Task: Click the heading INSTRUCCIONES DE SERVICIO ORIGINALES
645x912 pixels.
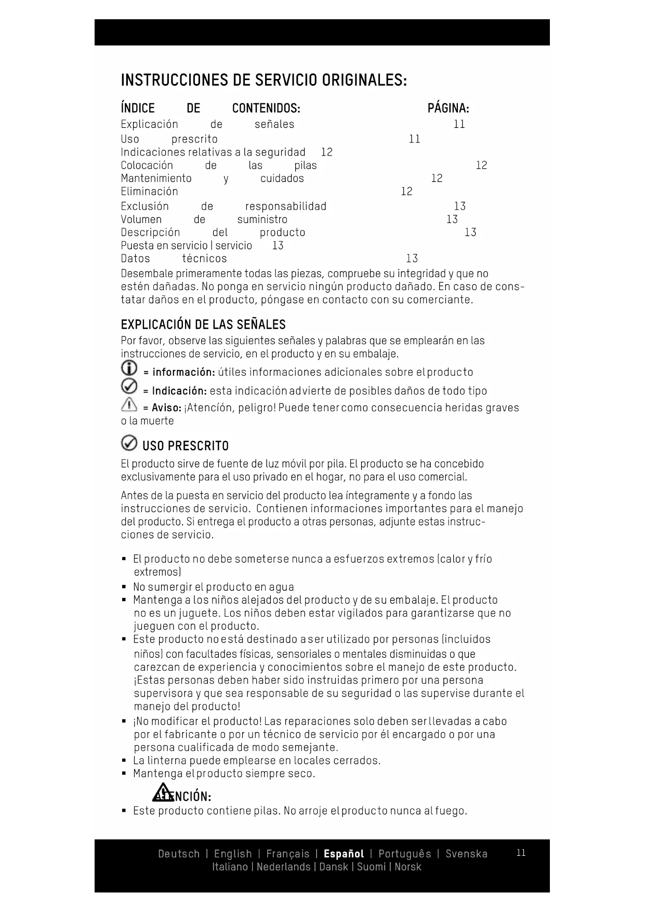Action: pyautogui.click(x=264, y=81)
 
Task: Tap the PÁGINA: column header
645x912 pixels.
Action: pyautogui.click(x=448, y=108)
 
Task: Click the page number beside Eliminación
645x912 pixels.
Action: pyautogui.click(x=406, y=191)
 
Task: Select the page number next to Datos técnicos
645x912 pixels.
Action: pyautogui.click(x=412, y=258)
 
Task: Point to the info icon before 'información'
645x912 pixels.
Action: pyautogui.click(x=129, y=369)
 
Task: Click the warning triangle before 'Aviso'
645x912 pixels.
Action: pyautogui.click(x=129, y=405)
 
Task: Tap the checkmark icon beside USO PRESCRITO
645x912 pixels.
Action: pyautogui.click(x=129, y=443)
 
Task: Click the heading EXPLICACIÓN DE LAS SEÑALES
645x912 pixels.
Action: pyautogui.click(x=203, y=325)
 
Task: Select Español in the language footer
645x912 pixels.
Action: pyautogui.click(x=344, y=854)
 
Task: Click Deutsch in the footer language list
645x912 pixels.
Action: pyautogui.click(x=179, y=854)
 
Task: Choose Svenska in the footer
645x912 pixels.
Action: pyautogui.click(x=466, y=854)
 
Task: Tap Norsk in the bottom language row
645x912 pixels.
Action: pyautogui.click(x=407, y=867)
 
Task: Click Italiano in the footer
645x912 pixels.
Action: pyautogui.click(x=230, y=867)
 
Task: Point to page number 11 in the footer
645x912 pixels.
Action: pyautogui.click(x=521, y=853)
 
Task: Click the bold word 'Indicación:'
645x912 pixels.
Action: pyautogui.click(x=179, y=391)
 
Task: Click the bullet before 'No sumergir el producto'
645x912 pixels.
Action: pyautogui.click(x=124, y=587)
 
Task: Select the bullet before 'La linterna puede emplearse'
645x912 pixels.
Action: pyautogui.click(x=124, y=761)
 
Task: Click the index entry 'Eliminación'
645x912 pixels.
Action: pyautogui.click(x=149, y=191)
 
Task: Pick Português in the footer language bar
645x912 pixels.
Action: pyautogui.click(x=404, y=854)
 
